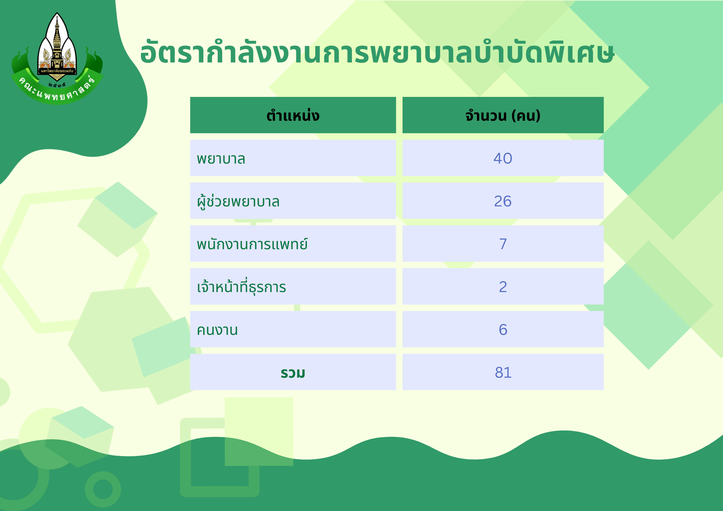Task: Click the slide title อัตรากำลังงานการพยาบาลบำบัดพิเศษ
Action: click(377, 52)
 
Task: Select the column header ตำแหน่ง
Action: click(293, 115)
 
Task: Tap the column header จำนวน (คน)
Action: click(503, 115)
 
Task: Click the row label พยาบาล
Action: click(221, 159)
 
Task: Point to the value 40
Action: click(503, 158)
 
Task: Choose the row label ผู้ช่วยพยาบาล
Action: click(238, 201)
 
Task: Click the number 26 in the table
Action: click(503, 201)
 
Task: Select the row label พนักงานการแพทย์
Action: click(252, 244)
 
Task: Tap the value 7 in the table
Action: click(503, 244)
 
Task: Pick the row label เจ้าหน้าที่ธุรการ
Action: click(242, 286)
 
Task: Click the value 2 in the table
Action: click(503, 287)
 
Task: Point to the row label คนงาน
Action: click(217, 330)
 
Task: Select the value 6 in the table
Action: click(503, 330)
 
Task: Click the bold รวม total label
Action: click(293, 373)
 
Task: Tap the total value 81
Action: click(503, 373)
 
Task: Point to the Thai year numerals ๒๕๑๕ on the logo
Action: click(57, 85)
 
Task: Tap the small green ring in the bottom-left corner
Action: click(103, 489)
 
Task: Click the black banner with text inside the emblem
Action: click(57, 71)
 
